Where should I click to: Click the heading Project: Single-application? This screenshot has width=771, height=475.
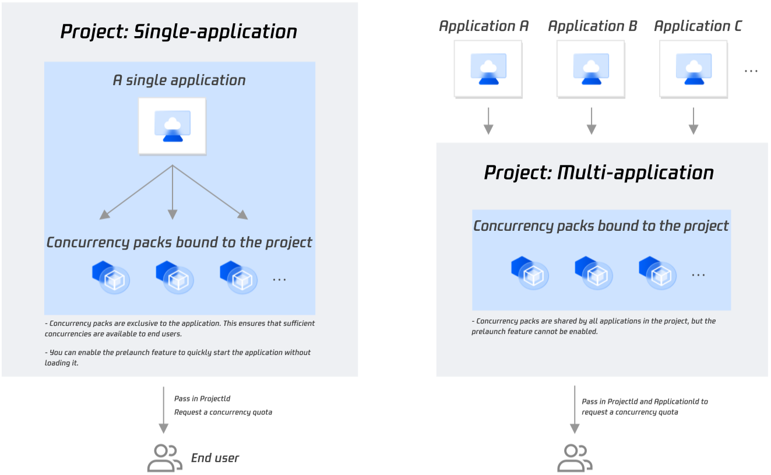pyautogui.click(x=178, y=31)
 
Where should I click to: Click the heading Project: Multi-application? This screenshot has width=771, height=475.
pyautogui.click(x=599, y=173)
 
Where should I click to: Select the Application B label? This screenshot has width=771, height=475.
pyautogui.click(x=592, y=26)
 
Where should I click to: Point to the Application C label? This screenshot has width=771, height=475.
pyautogui.click(x=698, y=26)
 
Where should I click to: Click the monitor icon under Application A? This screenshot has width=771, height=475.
pyautogui.click(x=488, y=69)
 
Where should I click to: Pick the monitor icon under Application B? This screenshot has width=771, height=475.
pyautogui.click(x=591, y=69)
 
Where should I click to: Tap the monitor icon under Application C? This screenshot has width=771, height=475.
pyautogui.click(x=693, y=69)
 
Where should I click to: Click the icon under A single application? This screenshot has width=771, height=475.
pyautogui.click(x=172, y=126)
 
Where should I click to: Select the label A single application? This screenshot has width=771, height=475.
pyautogui.click(x=179, y=80)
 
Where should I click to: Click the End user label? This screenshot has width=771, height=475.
pyautogui.click(x=215, y=458)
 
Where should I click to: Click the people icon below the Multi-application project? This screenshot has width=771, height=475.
pyautogui.click(x=575, y=458)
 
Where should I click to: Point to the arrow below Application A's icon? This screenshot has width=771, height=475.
pyautogui.click(x=488, y=121)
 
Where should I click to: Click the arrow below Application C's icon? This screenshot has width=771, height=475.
pyautogui.click(x=693, y=121)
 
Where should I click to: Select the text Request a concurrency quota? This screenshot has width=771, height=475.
pyautogui.click(x=223, y=412)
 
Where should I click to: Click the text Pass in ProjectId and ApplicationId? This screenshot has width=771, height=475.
pyautogui.click(x=645, y=402)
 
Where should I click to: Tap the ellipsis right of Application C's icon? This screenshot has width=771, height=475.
pyautogui.click(x=751, y=71)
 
